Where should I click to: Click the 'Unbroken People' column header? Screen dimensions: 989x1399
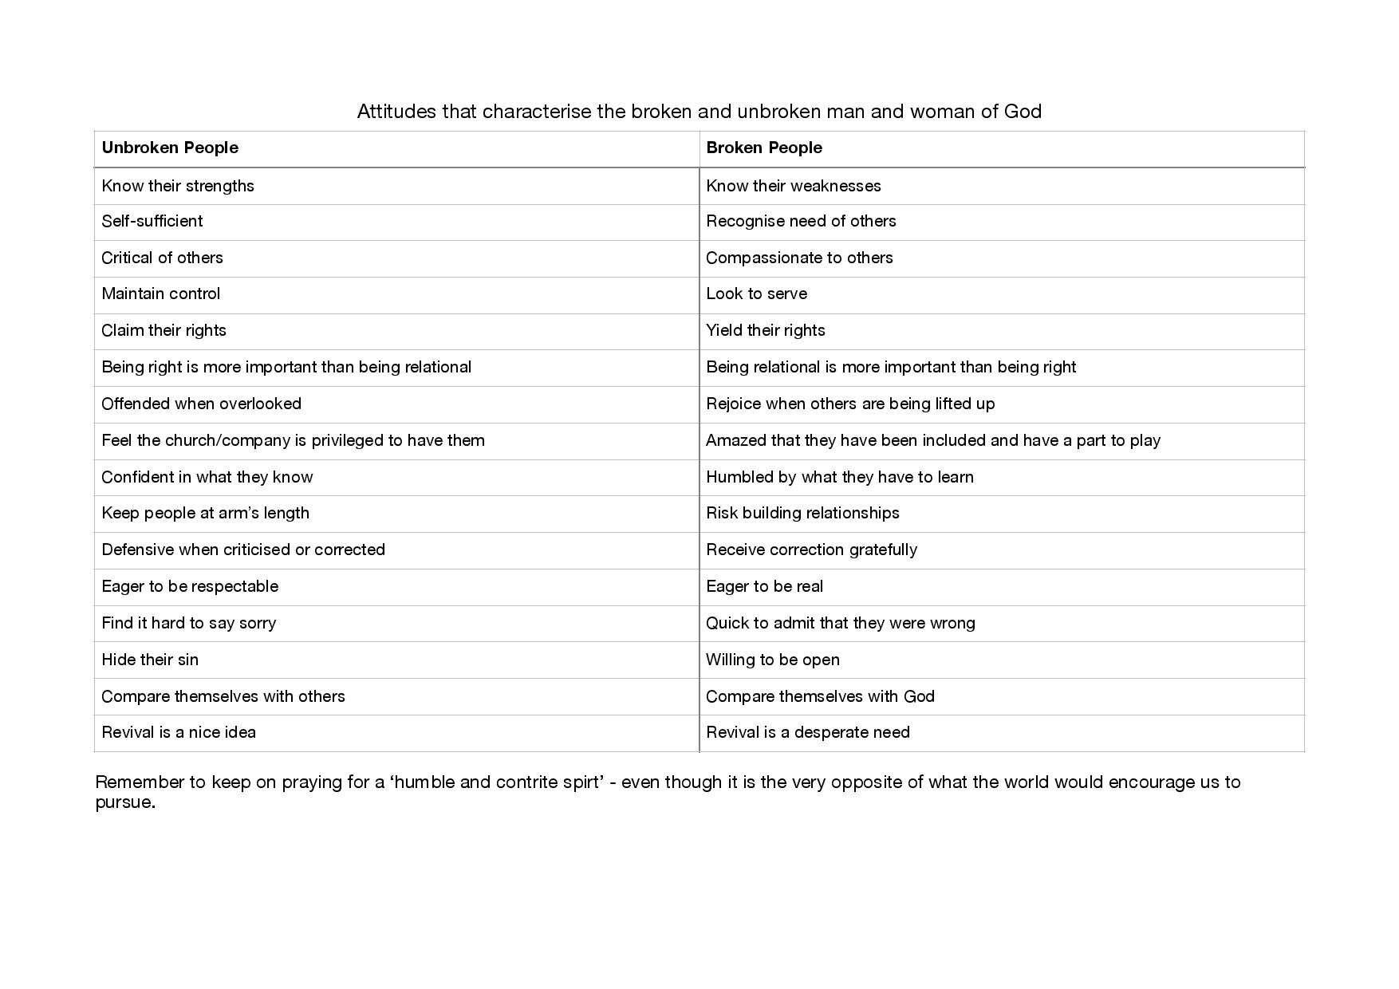(170, 148)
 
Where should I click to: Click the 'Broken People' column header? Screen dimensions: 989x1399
(764, 148)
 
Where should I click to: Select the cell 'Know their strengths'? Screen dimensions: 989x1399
(178, 186)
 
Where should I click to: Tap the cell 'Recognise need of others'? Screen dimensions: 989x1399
(801, 221)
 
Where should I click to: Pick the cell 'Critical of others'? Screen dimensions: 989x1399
(162, 258)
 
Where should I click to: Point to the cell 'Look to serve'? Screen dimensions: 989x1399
(756, 294)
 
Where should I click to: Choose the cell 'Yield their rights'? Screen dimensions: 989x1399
(766, 330)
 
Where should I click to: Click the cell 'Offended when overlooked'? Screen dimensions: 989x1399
(201, 404)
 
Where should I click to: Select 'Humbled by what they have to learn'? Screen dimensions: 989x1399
(840, 477)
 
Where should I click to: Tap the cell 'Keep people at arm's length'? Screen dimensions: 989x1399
(205, 513)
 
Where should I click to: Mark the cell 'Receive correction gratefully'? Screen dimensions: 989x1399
(811, 550)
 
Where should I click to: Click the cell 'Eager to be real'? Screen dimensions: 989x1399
(764, 586)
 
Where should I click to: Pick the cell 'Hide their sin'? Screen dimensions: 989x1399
(150, 660)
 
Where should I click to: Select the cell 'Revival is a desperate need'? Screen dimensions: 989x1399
(807, 732)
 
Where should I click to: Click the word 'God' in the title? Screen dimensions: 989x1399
(1023, 111)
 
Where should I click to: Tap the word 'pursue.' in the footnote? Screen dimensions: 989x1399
(125, 802)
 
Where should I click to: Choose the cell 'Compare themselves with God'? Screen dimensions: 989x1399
(820, 696)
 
